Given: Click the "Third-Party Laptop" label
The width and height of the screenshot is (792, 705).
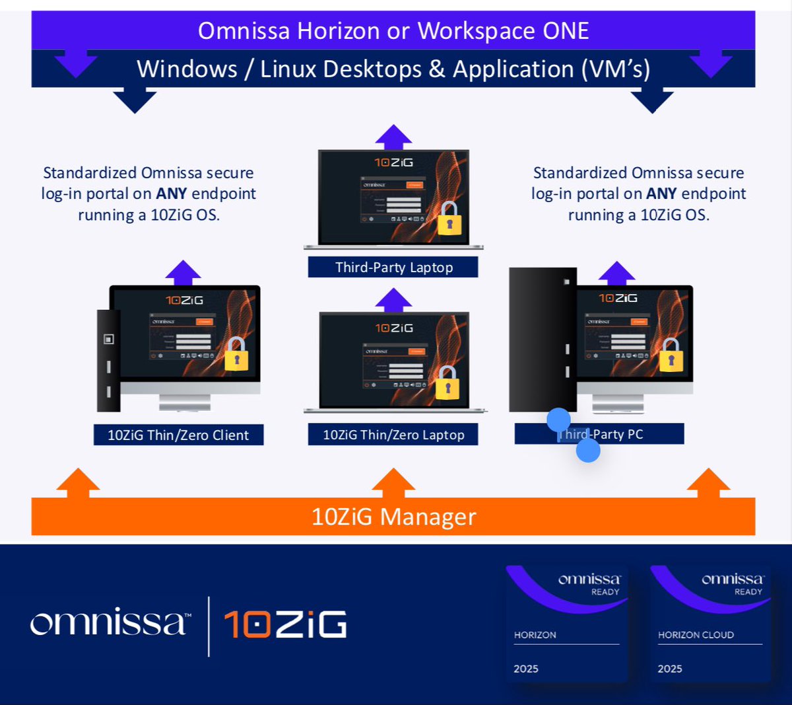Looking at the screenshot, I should (393, 268).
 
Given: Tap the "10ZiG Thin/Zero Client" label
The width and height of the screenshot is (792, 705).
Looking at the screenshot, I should (178, 435).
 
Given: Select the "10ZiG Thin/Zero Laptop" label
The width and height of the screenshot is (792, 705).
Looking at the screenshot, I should (393, 435).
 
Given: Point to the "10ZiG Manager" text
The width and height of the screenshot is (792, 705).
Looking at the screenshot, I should (393, 517).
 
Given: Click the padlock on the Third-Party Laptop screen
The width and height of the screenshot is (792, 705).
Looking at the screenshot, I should (449, 219).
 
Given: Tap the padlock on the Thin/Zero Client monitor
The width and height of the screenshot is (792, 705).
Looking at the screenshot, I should (236, 354).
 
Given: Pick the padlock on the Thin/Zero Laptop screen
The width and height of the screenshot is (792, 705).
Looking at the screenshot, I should (447, 383).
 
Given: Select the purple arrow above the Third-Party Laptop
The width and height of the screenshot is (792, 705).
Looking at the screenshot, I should (393, 137).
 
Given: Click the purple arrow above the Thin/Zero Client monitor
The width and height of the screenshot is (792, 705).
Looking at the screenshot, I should (183, 272).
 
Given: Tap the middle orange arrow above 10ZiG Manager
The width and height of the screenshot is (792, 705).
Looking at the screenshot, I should (393, 482).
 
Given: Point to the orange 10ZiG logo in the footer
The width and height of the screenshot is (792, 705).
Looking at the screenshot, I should (285, 624).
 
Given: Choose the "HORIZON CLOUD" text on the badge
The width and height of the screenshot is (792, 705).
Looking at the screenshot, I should (696, 635).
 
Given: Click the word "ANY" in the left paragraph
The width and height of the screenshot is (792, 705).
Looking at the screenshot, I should (171, 194).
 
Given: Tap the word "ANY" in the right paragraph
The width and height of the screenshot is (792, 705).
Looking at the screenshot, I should (661, 194).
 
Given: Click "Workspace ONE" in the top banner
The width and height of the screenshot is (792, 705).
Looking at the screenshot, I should (503, 31).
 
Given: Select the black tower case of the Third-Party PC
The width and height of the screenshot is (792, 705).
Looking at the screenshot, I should (543, 340).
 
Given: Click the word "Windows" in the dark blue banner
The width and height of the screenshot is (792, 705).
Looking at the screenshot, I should (187, 69).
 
